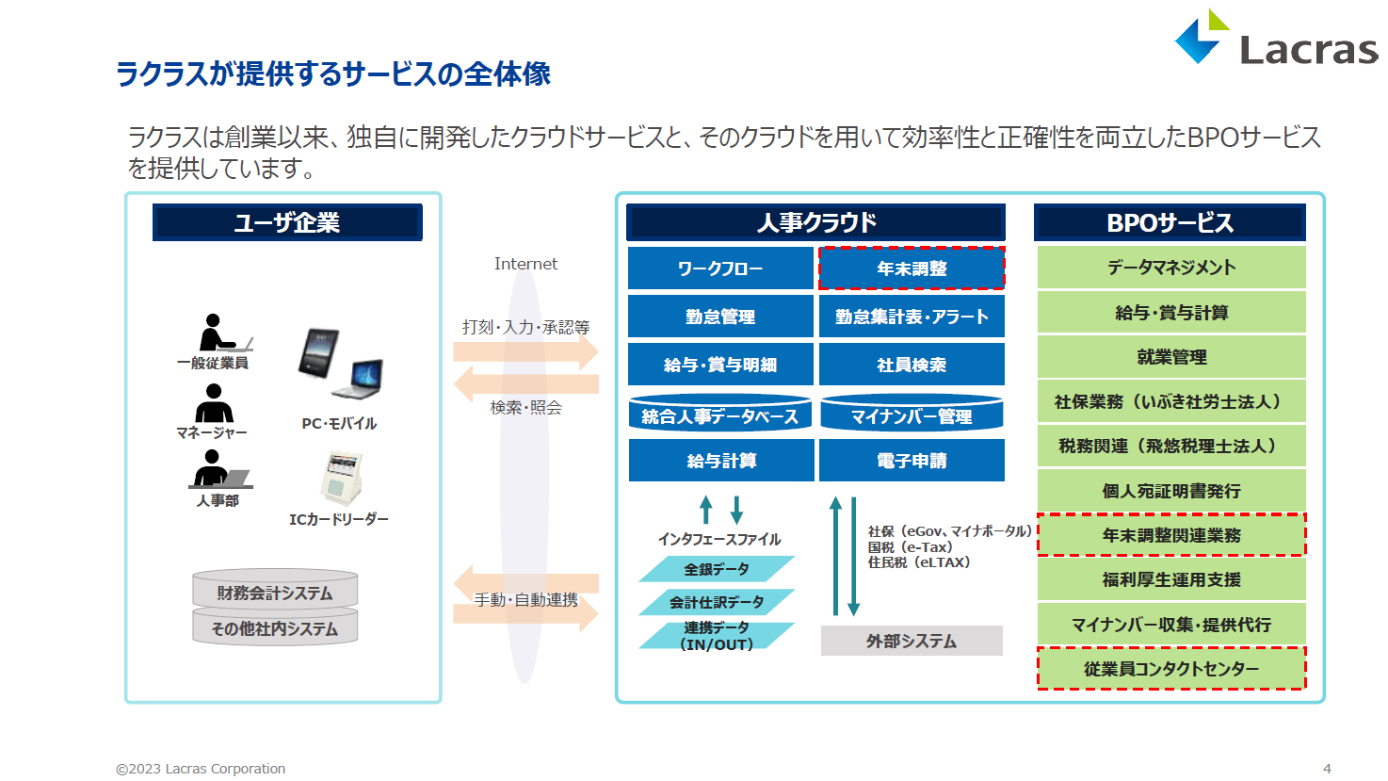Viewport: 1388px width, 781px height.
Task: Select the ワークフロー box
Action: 720,268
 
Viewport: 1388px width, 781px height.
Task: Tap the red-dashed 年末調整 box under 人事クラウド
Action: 912,268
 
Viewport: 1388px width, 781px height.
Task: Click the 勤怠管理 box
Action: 720,317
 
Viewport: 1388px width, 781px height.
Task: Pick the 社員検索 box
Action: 912,365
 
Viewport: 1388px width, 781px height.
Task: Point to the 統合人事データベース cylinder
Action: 720,413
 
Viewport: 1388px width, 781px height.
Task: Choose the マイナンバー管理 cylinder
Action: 912,413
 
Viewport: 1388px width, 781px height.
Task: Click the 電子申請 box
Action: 912,461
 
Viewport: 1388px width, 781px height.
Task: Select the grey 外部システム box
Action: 912,641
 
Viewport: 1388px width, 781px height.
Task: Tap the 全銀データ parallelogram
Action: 717,569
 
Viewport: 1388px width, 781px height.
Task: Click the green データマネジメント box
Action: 1171,268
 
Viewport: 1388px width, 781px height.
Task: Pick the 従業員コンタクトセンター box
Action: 1171,669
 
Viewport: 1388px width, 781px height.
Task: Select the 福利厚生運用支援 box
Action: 1171,579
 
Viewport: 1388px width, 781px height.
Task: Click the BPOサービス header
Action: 1170,222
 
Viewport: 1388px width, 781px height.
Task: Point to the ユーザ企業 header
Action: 287,222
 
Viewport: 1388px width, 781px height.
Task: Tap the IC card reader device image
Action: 342,480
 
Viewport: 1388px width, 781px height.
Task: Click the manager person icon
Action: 214,403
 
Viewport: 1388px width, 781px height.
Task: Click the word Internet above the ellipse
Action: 525,264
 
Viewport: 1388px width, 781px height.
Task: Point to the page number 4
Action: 1327,769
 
